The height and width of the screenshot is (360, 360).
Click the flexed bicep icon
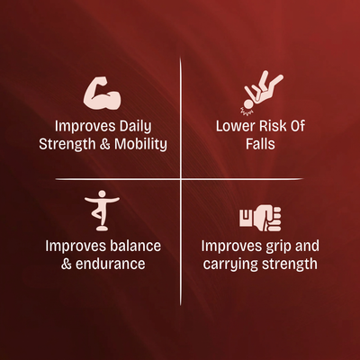[102, 93]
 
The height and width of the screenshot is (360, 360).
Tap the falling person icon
[261, 93]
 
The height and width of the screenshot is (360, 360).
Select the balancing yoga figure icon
[102, 210]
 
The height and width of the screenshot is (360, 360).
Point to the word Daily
[135, 127]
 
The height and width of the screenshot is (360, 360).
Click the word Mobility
[140, 144]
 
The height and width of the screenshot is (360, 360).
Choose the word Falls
[260, 144]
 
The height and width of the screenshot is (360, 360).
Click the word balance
[135, 246]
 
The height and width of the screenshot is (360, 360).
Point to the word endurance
[111, 264]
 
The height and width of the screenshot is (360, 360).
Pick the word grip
[276, 247]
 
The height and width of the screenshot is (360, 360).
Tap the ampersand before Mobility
[104, 144]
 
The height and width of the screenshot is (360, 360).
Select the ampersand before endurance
[67, 264]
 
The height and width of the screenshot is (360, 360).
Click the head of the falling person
[248, 104]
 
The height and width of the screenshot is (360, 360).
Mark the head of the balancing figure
[102, 193]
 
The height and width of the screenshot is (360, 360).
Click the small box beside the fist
[247, 218]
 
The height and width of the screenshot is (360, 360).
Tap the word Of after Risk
[297, 126]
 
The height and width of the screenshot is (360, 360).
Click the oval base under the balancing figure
[102, 229]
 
